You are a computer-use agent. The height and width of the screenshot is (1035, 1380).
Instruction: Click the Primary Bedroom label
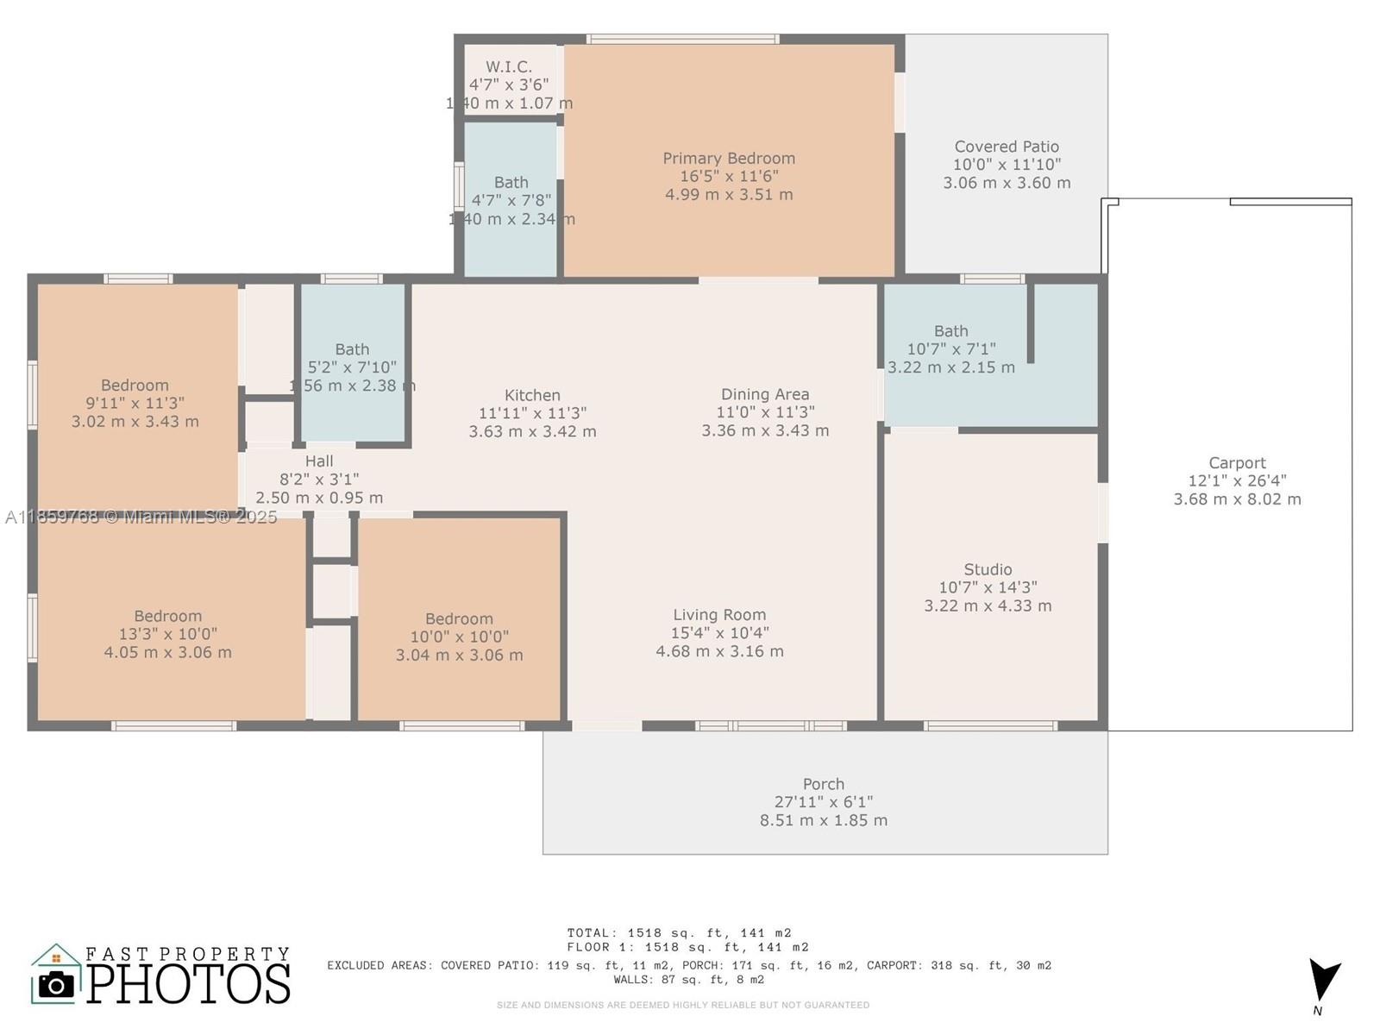(x=729, y=159)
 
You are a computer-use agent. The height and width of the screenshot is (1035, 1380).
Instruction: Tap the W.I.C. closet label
(x=508, y=67)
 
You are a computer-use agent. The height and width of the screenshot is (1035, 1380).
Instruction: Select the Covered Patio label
(x=1007, y=147)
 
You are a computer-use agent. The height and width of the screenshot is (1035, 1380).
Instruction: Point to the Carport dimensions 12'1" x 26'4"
(x=1237, y=481)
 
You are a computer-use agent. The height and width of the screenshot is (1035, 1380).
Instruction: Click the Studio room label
(x=988, y=569)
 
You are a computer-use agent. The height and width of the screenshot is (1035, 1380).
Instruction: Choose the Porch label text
(x=823, y=784)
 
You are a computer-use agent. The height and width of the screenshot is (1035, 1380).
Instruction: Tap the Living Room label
(x=719, y=615)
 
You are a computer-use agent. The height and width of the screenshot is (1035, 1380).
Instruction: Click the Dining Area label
(x=765, y=394)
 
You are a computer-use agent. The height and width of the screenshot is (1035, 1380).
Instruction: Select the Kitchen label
(x=532, y=395)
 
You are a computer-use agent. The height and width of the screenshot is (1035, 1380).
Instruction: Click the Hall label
(x=319, y=461)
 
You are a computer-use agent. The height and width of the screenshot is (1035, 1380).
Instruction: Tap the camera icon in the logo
(x=57, y=984)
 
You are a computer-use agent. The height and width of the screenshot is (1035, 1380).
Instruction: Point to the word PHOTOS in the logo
(x=188, y=984)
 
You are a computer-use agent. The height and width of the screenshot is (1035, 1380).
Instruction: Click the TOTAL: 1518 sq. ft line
(x=679, y=933)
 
